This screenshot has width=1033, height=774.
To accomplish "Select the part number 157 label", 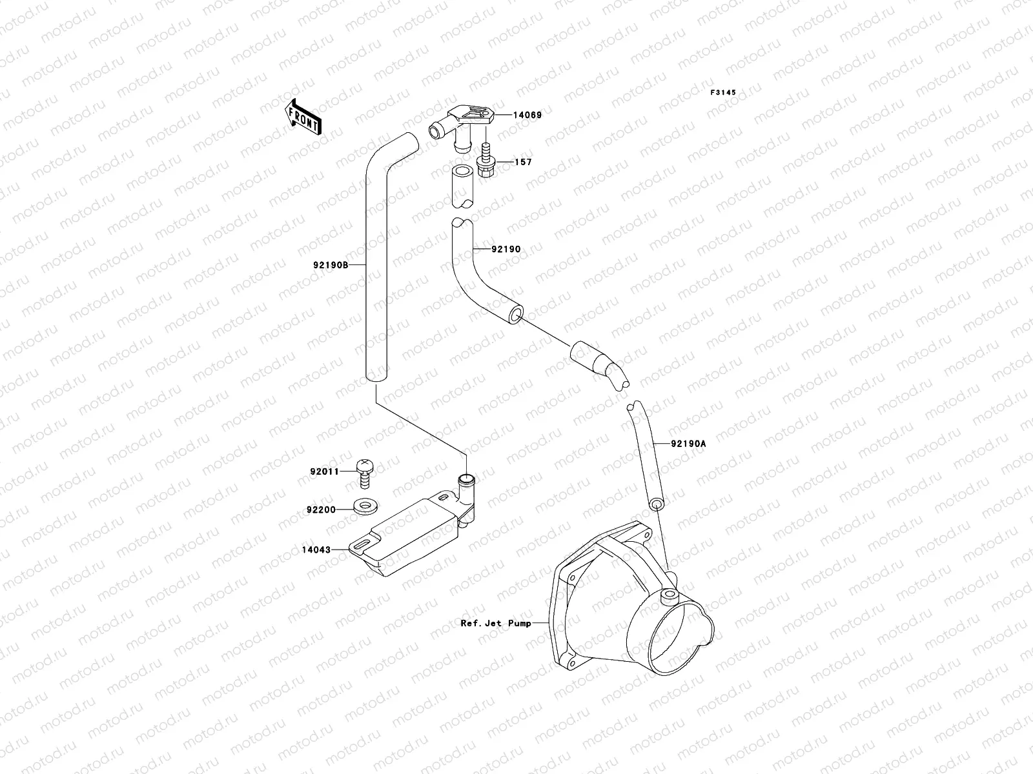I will [x=523, y=162].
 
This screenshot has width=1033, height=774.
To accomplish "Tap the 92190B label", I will [x=331, y=265].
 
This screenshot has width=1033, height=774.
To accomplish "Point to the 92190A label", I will [x=688, y=444].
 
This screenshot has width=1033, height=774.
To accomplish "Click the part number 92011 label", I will [x=324, y=471].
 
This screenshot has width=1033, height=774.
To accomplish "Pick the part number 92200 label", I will [x=321, y=510].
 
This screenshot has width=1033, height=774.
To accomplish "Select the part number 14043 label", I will [x=316, y=550].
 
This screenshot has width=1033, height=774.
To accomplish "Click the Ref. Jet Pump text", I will [x=496, y=623].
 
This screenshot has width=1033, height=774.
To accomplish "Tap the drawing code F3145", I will [x=723, y=92].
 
